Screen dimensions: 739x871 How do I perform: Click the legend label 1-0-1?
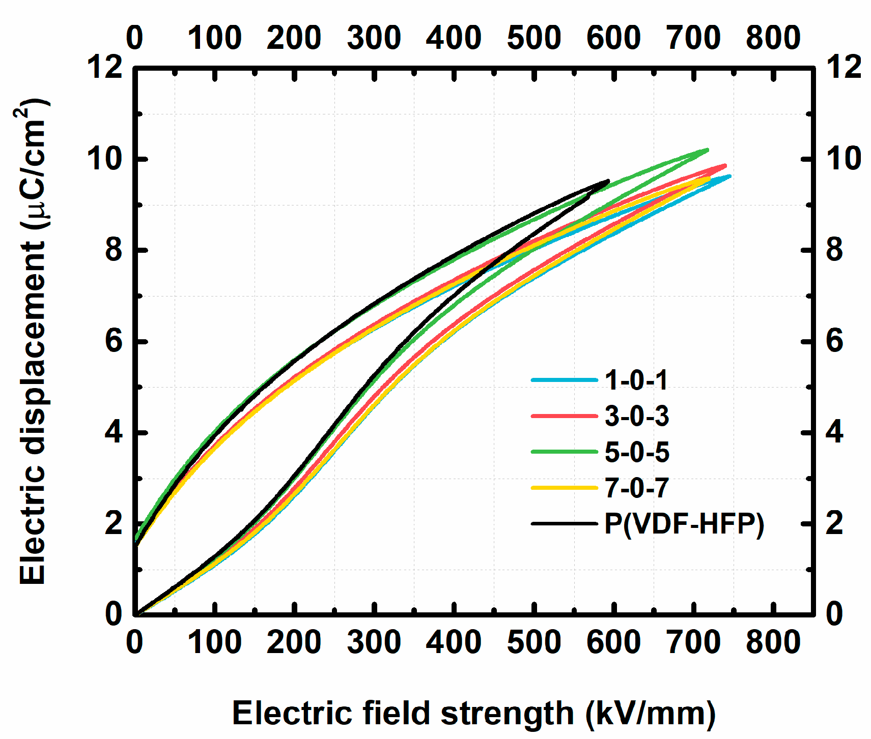tap(636, 380)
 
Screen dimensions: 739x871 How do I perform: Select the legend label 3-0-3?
tap(636, 416)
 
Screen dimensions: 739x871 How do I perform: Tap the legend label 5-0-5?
tap(636, 452)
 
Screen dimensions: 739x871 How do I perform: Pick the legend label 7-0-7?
tap(636, 488)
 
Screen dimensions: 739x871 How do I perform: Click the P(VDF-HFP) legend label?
tap(684, 524)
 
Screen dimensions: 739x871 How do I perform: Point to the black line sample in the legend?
tap(564, 524)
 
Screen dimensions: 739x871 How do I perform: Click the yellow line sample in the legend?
tap(564, 488)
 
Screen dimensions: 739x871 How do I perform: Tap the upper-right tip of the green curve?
tap(708, 150)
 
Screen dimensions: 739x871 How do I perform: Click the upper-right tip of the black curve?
tap(608, 181)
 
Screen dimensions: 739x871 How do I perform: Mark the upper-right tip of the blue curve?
tap(730, 176)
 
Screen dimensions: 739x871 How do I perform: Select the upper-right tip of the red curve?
tap(725, 165)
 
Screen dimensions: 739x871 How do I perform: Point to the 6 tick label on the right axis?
tap(834, 341)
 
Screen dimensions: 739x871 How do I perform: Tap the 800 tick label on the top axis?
tap(773, 38)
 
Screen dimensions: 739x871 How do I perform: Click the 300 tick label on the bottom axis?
tap(374, 642)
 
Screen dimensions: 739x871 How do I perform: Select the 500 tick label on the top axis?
tap(533, 38)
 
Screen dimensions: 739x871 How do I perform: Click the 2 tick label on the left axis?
tap(113, 523)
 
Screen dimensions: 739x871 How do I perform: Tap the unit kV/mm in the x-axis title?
tap(651, 713)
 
